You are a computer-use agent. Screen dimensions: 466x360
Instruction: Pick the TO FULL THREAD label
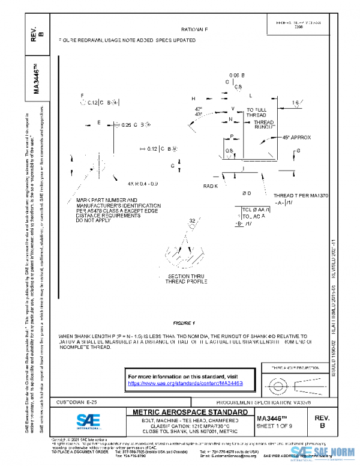256,112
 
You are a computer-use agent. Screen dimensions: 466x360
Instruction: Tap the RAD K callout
209,186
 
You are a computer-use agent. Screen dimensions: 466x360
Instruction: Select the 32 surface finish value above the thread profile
192,222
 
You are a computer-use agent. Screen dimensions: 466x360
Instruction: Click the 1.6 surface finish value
295,103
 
